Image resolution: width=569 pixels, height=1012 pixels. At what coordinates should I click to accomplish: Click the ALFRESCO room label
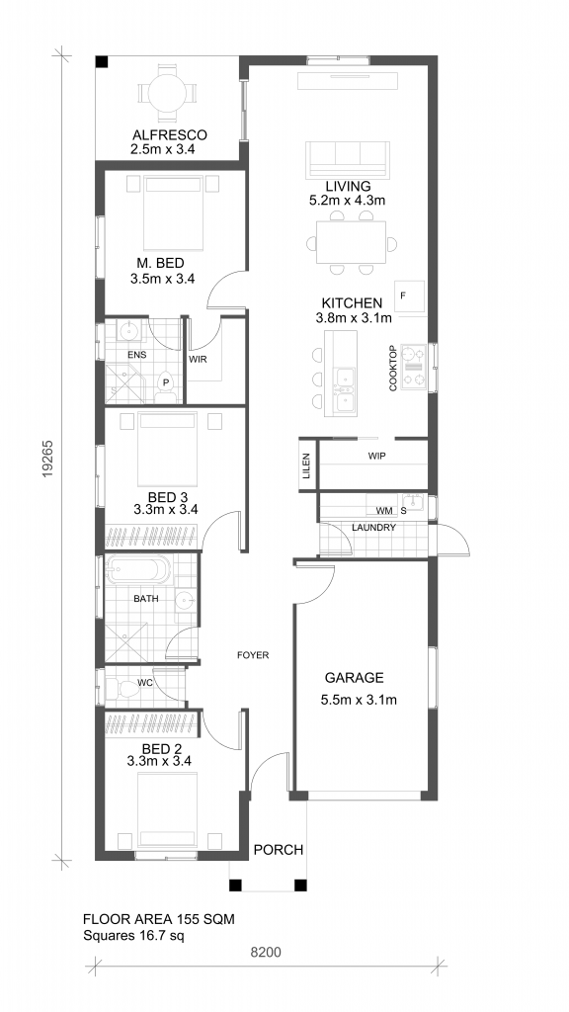tap(169, 135)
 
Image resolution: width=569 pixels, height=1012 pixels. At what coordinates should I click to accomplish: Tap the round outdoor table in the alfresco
tap(167, 94)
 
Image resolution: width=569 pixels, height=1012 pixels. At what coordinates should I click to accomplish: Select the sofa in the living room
tap(348, 159)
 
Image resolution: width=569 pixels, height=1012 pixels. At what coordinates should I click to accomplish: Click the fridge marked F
tap(409, 296)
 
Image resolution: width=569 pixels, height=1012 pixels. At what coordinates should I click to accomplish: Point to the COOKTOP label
tap(393, 369)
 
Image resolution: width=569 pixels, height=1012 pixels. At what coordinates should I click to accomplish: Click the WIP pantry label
tap(376, 457)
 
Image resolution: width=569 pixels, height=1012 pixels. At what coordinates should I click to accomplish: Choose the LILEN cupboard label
tap(306, 466)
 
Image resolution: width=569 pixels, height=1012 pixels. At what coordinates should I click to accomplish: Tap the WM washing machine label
tap(384, 511)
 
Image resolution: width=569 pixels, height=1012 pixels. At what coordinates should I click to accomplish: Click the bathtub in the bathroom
tap(138, 571)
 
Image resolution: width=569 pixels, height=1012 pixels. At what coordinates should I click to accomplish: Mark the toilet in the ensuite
tap(167, 385)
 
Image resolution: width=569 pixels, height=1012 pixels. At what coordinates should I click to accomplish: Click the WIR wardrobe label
tap(198, 360)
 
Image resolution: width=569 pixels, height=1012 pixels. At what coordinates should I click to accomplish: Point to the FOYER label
tap(253, 655)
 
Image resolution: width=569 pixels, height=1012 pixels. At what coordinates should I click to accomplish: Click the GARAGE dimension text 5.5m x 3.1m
tap(358, 700)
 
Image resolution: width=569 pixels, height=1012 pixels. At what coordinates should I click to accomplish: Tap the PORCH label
tap(278, 850)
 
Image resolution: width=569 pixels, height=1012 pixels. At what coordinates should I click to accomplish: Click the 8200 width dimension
tap(266, 952)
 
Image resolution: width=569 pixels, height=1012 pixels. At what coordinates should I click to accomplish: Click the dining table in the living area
tap(351, 243)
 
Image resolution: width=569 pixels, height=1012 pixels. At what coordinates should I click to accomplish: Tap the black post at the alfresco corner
tap(102, 62)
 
